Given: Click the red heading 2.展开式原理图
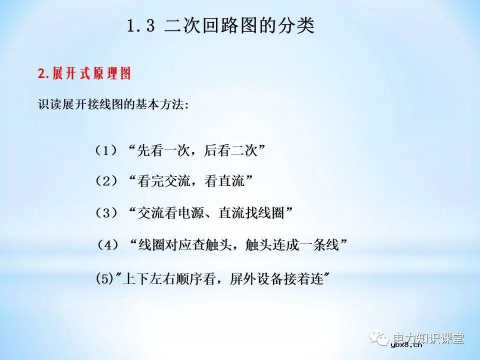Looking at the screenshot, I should click(84, 74).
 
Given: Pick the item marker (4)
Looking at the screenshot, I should click(108, 245).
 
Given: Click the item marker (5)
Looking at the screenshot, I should click(104, 278).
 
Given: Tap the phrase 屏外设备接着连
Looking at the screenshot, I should click(276, 278).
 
